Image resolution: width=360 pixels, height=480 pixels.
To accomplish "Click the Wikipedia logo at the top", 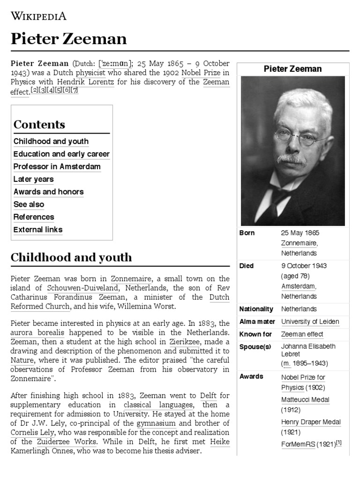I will coord(38,16).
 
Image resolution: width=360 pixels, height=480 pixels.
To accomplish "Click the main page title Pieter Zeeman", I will coord(68,39).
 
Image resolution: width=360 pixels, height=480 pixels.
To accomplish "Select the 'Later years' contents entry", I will coord(33,179).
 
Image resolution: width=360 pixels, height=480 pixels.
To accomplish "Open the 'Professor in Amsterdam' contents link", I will coord(57,166).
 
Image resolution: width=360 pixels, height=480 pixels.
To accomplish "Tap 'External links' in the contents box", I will coord(37,230).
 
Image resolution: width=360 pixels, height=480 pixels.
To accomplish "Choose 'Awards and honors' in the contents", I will coord(48,192).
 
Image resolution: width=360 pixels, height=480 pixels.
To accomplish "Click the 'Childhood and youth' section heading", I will coord(71,257).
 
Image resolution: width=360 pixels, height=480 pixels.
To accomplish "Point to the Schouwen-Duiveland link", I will coord(82,288).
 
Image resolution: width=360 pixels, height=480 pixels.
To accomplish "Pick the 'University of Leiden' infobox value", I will coord(310,322).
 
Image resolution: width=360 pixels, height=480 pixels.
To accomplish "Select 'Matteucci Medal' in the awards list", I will coord(305,400).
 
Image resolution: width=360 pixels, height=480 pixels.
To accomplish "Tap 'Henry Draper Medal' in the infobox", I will coord(311,422).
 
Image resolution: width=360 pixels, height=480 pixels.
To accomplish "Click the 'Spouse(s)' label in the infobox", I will coord(255,347).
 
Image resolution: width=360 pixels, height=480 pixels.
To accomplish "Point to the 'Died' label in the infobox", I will coord(247,266).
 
